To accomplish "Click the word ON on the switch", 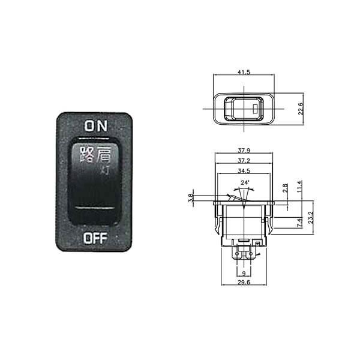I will [x=95, y=125].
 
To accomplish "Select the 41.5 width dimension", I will [x=244, y=72].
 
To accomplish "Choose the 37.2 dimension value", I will [x=244, y=161].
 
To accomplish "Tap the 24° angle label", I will [x=244, y=182].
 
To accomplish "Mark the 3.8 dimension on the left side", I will [x=191, y=197].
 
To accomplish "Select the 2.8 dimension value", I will [x=284, y=188].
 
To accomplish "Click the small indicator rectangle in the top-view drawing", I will [x=256, y=110].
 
